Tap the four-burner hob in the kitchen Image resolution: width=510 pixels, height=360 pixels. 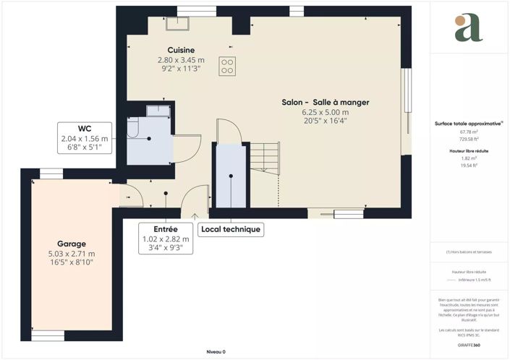[x=227, y=66]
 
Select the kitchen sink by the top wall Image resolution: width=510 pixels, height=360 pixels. [x=177, y=24]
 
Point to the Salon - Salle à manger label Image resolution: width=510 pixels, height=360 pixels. [x=325, y=103]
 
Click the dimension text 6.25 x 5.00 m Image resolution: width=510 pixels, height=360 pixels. [x=325, y=112]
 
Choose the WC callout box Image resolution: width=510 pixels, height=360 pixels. [x=85, y=138]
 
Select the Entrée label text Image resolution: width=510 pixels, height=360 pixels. [x=166, y=228]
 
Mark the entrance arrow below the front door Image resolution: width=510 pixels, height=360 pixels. [x=194, y=214]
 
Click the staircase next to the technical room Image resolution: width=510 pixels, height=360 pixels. [x=264, y=173]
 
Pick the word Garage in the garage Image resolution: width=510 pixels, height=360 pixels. [x=72, y=244]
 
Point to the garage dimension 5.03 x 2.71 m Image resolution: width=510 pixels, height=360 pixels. [x=72, y=253]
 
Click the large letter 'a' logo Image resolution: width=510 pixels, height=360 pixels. [x=468, y=27]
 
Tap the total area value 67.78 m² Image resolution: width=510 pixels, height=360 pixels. [x=469, y=132]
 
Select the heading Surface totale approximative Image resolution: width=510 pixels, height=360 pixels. [x=468, y=123]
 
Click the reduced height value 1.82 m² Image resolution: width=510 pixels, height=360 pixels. [x=469, y=158]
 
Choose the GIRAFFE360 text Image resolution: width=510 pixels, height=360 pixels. [x=469, y=346]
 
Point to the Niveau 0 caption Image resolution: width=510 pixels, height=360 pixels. [x=216, y=351]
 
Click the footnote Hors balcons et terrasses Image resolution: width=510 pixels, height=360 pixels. [x=469, y=252]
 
